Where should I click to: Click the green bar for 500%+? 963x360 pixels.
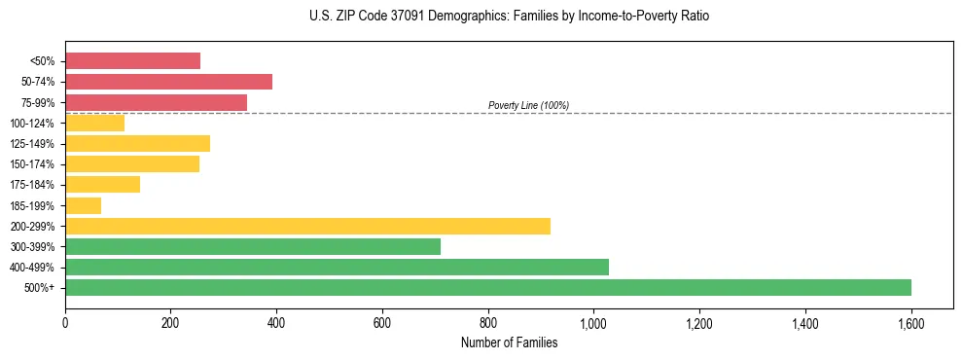pos(488,287)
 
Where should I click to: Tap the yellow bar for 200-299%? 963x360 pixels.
pos(307,226)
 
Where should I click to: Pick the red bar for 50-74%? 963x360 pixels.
pos(168,82)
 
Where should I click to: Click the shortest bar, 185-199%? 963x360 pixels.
pos(83,205)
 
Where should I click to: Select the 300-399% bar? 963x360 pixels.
pos(253,246)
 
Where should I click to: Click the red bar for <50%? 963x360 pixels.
pos(132,60)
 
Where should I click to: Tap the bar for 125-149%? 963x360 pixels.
pos(137,143)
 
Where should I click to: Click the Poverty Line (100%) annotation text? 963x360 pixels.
pos(528,105)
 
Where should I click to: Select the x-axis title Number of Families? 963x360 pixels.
pos(509,342)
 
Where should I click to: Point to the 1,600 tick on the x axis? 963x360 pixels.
pos(911,322)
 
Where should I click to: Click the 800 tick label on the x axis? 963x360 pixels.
pos(488,322)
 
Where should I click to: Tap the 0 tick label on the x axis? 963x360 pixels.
pos(65,322)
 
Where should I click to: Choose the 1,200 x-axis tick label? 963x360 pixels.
pos(699,322)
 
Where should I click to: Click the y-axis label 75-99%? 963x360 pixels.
pos(38,102)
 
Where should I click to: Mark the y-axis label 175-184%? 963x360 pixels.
pos(34,185)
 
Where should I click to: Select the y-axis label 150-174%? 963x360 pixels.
pos(34,164)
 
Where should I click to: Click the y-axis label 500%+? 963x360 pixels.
pos(40,288)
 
